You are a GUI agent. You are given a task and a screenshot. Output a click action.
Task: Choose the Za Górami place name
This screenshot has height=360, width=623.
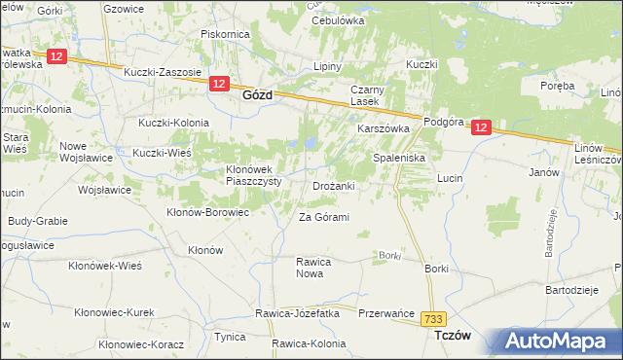(x=323, y=217)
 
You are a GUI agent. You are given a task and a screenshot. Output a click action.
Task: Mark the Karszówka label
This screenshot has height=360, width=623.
(x=384, y=128)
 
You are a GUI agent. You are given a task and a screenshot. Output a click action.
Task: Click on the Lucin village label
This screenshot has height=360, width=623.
(x=449, y=179)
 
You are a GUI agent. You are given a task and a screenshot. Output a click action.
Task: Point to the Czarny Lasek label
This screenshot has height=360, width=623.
(x=369, y=96)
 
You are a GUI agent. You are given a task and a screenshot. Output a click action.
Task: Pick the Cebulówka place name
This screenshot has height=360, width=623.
(x=337, y=20)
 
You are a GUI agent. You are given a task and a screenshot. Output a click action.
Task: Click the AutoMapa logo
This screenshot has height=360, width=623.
(x=560, y=341)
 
